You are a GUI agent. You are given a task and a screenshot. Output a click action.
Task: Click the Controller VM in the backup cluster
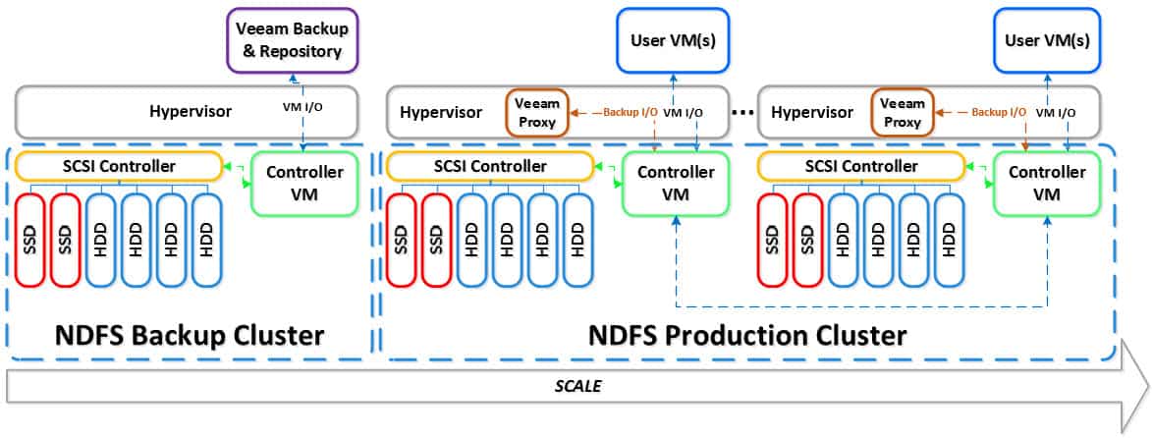click(x=306, y=183)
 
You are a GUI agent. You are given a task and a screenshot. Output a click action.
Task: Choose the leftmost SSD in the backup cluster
click(x=32, y=240)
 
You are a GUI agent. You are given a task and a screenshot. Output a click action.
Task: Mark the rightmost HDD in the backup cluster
click(x=206, y=240)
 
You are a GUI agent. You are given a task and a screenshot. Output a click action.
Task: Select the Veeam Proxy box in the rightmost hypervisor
click(x=901, y=114)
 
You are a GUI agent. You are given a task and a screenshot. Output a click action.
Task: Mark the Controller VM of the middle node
click(x=677, y=183)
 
